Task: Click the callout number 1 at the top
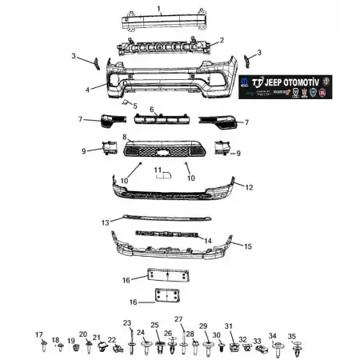160,9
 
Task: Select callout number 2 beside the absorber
221,40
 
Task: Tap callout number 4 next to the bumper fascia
87,90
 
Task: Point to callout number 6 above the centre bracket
151,109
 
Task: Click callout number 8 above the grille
125,138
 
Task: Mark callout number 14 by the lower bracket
208,239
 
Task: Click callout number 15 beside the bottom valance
247,246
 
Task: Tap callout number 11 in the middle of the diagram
158,170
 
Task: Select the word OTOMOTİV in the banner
307,82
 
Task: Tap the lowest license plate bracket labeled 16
168,296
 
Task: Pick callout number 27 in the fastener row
178,319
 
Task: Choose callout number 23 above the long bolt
126,322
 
